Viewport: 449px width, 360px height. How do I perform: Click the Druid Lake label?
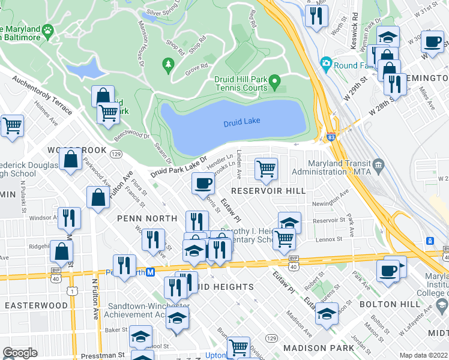pyautogui.click(x=242, y=122)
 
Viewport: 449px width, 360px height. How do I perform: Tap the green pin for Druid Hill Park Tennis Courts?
pyautogui.click(x=275, y=80)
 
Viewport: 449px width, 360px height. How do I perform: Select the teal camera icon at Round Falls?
pyautogui.click(x=326, y=62)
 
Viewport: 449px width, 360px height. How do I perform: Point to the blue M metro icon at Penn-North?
pyautogui.click(x=151, y=272)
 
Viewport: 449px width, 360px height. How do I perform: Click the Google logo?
pyautogui.click(x=20, y=353)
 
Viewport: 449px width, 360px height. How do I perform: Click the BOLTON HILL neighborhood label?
pyautogui.click(x=387, y=305)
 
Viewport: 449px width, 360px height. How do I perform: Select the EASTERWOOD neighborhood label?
pyautogui.click(x=36, y=305)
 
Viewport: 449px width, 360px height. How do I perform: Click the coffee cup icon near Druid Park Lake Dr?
pyautogui.click(x=203, y=183)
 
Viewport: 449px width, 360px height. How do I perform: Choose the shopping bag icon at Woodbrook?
pyautogui.click(x=71, y=160)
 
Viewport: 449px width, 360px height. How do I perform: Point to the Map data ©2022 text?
pyautogui.click(x=423, y=355)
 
